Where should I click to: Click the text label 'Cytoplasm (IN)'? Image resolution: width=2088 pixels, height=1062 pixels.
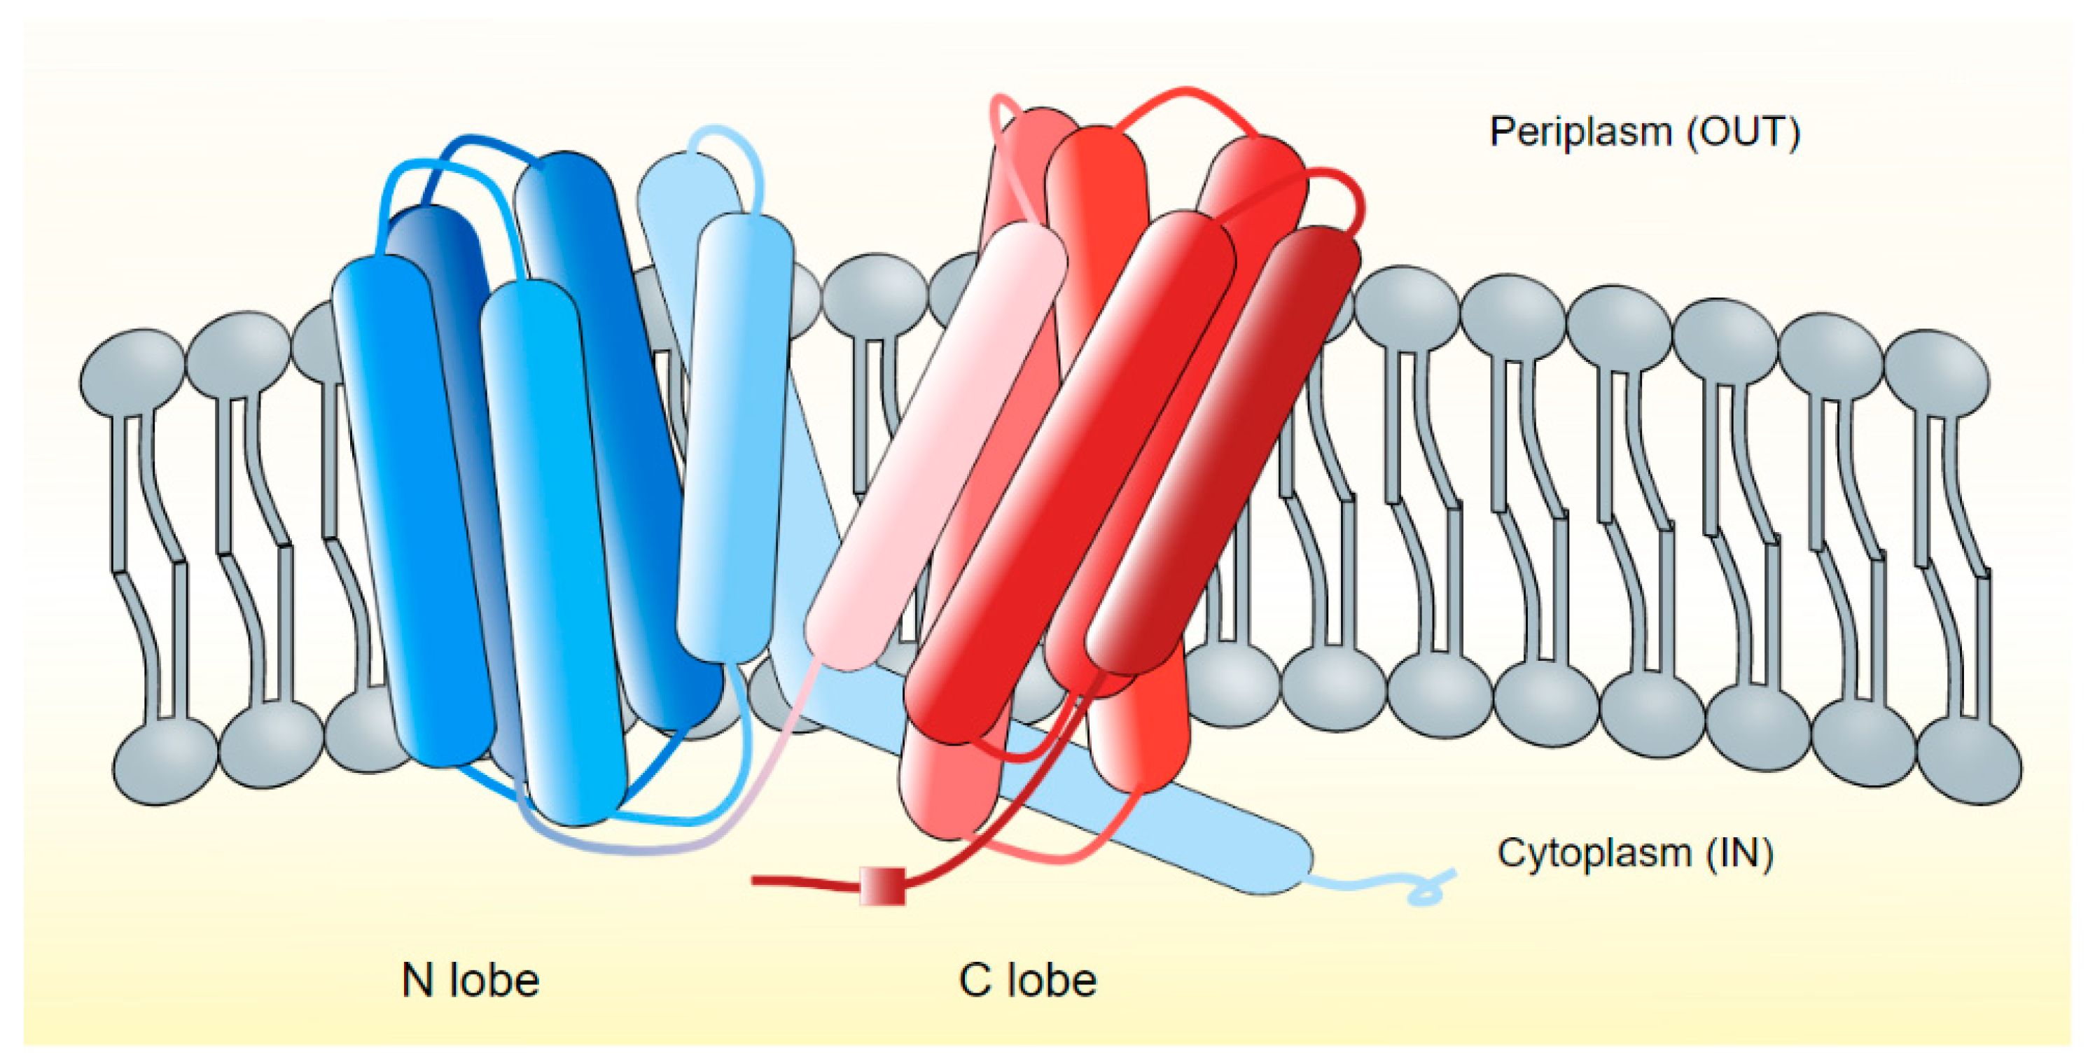pos(1635,853)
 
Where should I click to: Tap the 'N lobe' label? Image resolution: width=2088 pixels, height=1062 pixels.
pos(470,980)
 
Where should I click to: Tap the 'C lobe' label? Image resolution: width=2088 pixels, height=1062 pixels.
pos(1027,980)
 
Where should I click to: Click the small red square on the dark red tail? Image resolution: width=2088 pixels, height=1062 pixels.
pos(882,886)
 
